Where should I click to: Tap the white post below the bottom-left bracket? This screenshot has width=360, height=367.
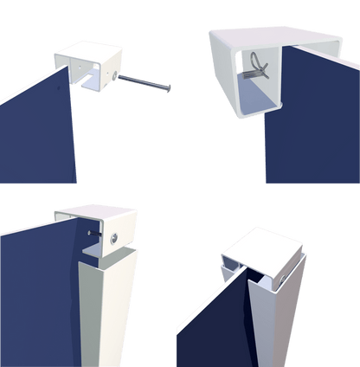tap(108, 312)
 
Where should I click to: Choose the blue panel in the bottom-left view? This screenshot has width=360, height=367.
tap(35, 286)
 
